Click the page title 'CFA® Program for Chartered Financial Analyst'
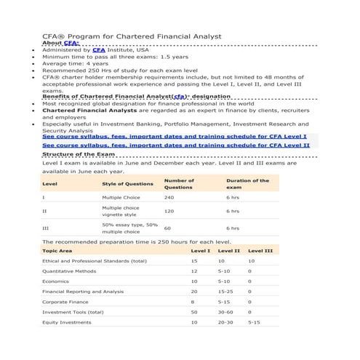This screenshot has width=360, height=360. coord(132,36)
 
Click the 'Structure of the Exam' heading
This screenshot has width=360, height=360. coord(79,154)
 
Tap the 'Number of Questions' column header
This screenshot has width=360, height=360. coord(179,184)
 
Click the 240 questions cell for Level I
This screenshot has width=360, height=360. coord(169,197)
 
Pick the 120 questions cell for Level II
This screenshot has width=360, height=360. coord(169,211)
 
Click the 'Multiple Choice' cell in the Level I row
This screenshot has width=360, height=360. coord(121,197)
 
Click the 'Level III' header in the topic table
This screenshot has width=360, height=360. coord(260,250)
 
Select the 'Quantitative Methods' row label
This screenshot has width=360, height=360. coord(69,271)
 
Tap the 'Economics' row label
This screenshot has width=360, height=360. coord(55,281)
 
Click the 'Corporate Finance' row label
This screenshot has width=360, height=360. coord(65,301)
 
